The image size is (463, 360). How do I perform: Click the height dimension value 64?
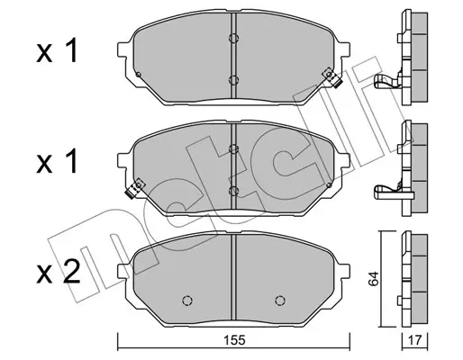374,279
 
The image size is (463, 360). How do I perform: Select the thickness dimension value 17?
415,340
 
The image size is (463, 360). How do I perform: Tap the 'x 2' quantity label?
59,272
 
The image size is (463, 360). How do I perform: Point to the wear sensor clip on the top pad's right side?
332,77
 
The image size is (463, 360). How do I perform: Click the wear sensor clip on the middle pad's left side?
135,189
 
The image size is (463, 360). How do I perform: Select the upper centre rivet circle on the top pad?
233,38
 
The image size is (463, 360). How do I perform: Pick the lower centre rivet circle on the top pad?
233,80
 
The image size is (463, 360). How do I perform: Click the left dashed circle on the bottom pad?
187,300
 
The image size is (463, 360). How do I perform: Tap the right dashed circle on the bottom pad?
280,300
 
